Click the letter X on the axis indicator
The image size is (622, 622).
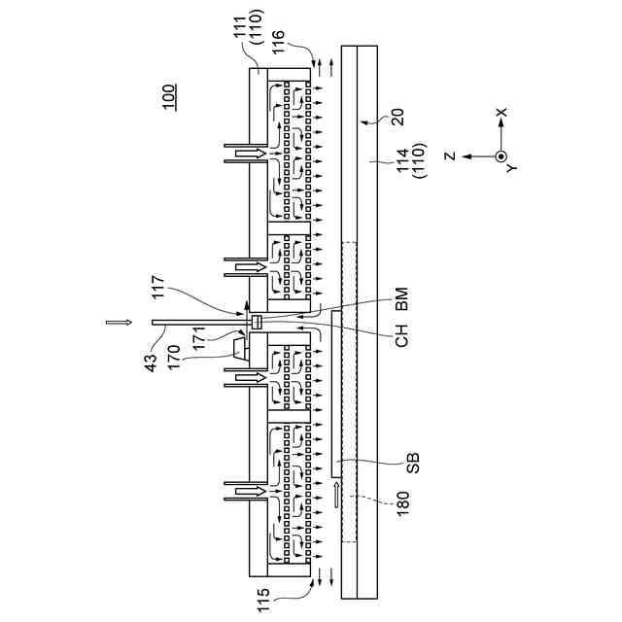502,114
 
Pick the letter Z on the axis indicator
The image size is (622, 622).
450,155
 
